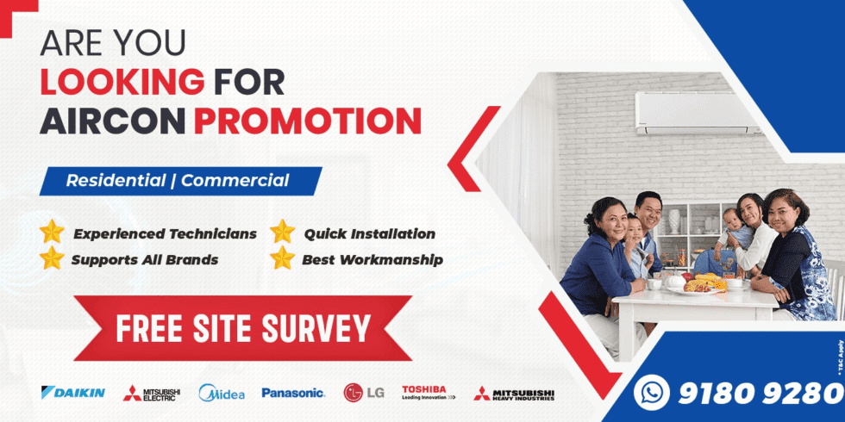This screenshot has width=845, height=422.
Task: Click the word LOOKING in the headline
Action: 122,82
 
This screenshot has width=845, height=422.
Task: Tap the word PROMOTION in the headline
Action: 307,121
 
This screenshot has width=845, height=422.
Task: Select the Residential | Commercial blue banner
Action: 178,181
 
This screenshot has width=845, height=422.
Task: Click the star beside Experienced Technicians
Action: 53,233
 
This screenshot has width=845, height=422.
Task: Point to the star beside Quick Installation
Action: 282,233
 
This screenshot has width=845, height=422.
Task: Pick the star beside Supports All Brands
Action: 53,258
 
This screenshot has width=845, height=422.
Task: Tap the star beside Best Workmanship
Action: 282,258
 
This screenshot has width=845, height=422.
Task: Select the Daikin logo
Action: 73,393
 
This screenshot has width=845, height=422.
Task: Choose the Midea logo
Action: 222,393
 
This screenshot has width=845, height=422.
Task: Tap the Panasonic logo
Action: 293,393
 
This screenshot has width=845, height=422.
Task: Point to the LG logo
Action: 364,393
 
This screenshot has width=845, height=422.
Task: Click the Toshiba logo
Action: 428,393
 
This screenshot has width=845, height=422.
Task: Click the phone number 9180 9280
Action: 760,393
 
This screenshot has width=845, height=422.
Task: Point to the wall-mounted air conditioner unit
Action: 698,112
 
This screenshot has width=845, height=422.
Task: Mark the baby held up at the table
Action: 732,231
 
